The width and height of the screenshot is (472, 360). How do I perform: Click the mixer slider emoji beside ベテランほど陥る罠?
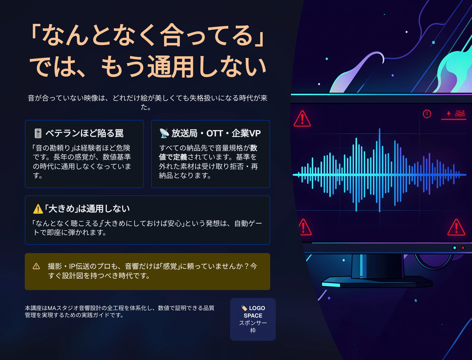pyautogui.click(x=38, y=133)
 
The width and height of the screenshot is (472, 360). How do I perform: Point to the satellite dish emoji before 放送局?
pyautogui.click(x=164, y=133)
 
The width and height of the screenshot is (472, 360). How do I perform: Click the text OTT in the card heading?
pyautogui.click(x=214, y=133)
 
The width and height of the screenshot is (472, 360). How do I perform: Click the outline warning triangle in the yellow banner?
pyautogui.click(x=37, y=266)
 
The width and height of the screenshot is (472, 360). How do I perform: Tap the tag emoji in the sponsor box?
pyautogui.click(x=244, y=308)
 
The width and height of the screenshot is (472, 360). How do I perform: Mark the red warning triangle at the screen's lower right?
pyautogui.click(x=456, y=227)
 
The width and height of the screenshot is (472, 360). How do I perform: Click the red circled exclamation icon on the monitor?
pyautogui.click(x=427, y=114)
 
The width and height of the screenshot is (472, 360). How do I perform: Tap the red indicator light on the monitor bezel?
pyautogui.click(x=463, y=248)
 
